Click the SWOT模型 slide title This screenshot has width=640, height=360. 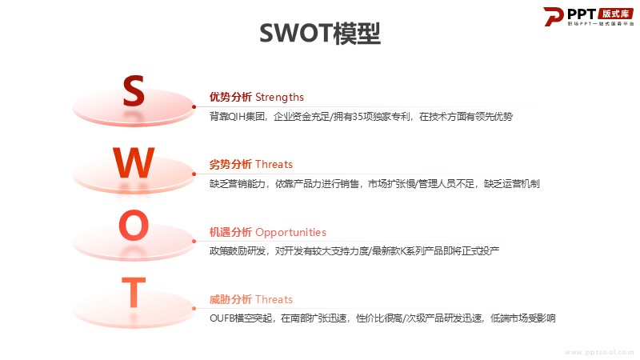(x=320, y=34)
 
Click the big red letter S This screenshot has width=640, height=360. (x=134, y=90)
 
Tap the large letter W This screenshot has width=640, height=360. (x=134, y=162)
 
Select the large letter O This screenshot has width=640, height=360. (x=134, y=225)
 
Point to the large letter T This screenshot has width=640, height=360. (x=134, y=292)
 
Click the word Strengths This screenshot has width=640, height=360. (x=279, y=97)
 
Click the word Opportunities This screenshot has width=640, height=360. (x=290, y=233)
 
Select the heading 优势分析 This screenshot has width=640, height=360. (x=230, y=97)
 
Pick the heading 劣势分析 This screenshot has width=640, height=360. (x=230, y=165)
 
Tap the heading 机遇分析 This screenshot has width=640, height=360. (x=230, y=232)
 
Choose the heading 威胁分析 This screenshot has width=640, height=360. (x=230, y=299)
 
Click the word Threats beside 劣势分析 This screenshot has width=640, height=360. (x=274, y=165)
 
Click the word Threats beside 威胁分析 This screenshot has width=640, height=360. (x=274, y=299)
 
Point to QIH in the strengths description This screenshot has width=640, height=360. (x=236, y=117)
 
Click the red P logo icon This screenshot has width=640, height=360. (x=553, y=17)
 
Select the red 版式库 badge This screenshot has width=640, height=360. (x=615, y=14)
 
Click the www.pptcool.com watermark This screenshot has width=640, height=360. (x=599, y=352)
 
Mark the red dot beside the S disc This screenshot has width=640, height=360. (x=194, y=107)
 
